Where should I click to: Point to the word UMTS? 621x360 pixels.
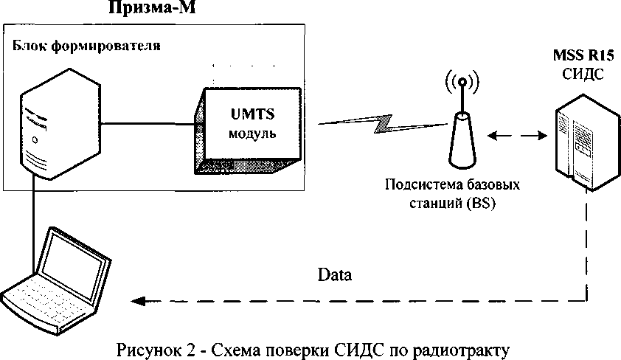click(254, 116)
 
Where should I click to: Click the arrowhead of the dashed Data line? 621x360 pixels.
click(137, 300)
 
